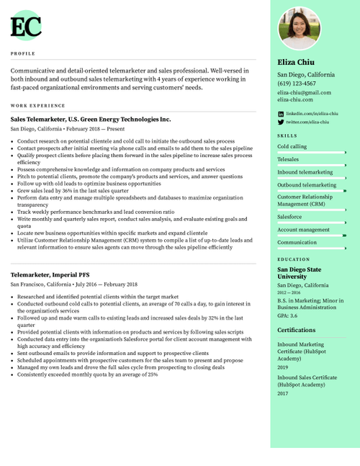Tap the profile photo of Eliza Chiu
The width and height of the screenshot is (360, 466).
click(x=299, y=29)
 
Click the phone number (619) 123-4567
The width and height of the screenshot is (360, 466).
click(x=296, y=84)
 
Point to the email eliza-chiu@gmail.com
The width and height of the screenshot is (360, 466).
click(x=304, y=93)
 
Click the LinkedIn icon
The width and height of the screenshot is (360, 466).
click(x=281, y=114)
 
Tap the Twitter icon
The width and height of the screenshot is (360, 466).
click(x=281, y=122)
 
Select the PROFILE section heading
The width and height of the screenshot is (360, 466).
click(x=23, y=53)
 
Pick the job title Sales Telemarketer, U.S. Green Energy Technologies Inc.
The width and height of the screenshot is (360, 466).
click(x=91, y=119)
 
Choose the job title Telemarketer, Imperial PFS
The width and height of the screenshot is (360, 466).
click(x=50, y=275)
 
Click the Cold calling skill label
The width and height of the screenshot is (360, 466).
click(x=292, y=146)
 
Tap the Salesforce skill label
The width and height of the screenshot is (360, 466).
click(x=289, y=217)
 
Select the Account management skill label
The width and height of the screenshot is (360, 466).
click(x=303, y=230)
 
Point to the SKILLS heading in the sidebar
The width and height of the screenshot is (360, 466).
click(x=287, y=135)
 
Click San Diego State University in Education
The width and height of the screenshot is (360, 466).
click(x=299, y=272)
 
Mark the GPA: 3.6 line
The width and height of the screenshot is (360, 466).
click(x=287, y=315)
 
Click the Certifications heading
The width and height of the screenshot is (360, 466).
click(x=296, y=330)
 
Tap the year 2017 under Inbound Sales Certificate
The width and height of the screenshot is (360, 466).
click(x=282, y=393)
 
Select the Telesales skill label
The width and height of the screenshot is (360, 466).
click(x=288, y=159)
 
